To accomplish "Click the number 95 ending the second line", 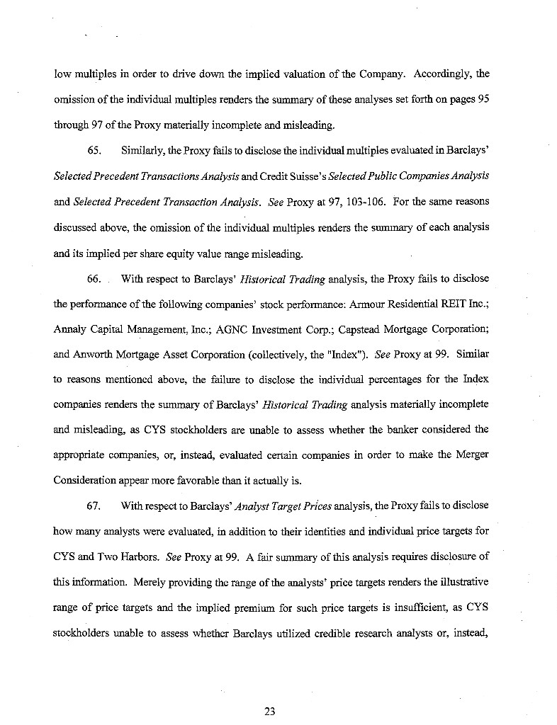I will (x=482, y=99).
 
